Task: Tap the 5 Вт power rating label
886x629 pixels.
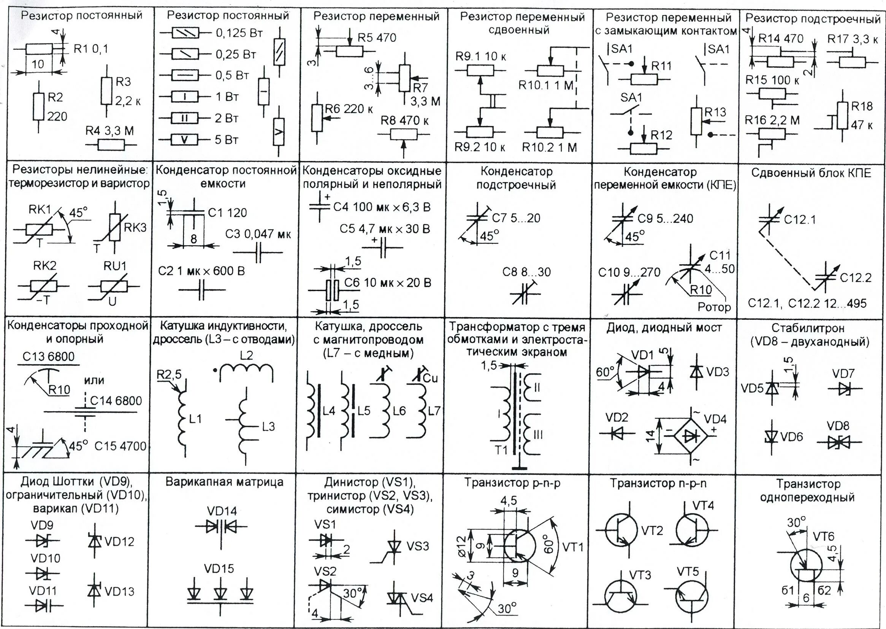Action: (x=227, y=140)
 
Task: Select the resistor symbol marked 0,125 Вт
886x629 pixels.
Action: (x=185, y=33)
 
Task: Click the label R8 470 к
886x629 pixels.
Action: (x=404, y=121)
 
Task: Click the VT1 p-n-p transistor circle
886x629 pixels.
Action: (x=519, y=546)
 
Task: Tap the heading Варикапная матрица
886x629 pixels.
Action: (x=224, y=482)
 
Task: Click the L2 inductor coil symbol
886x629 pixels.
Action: (x=246, y=370)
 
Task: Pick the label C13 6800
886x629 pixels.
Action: (x=48, y=356)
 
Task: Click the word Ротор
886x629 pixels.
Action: (x=714, y=307)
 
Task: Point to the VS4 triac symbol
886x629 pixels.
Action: (x=399, y=599)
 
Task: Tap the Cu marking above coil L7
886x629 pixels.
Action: (x=430, y=378)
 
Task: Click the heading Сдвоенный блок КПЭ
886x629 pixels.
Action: (x=811, y=173)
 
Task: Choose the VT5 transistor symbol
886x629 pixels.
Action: (x=692, y=598)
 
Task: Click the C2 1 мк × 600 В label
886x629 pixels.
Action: (x=201, y=271)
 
